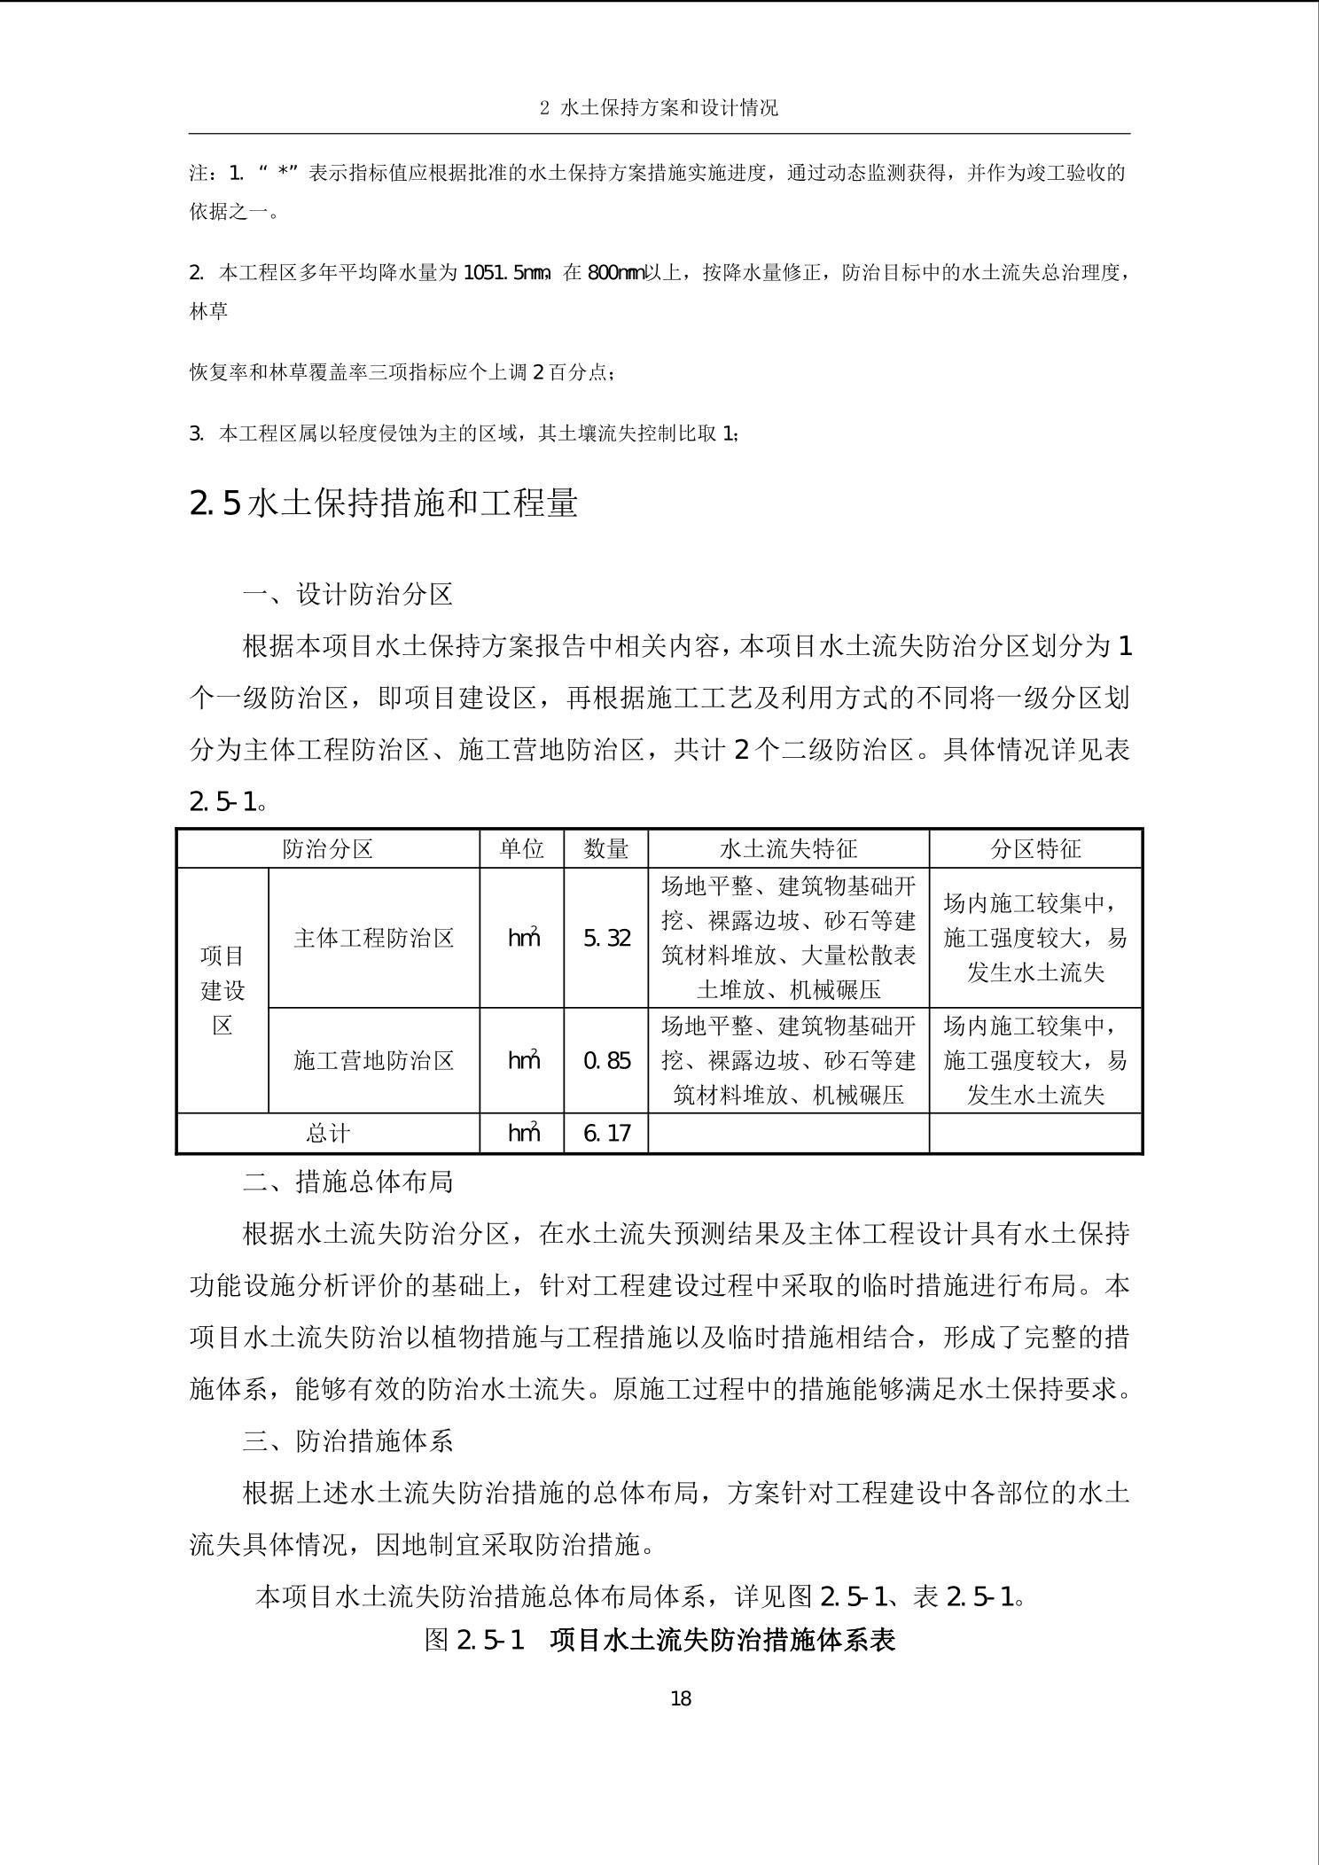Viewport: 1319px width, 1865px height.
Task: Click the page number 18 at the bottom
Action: pyautogui.click(x=681, y=1697)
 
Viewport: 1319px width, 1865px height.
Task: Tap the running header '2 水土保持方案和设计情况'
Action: pyautogui.click(x=659, y=108)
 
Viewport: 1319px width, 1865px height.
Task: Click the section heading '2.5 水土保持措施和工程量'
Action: pyautogui.click(x=384, y=503)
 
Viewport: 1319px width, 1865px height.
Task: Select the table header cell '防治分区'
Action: pyautogui.click(x=328, y=848)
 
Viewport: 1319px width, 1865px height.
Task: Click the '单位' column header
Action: pyautogui.click(x=521, y=848)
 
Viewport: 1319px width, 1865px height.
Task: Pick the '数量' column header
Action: pyautogui.click(x=606, y=848)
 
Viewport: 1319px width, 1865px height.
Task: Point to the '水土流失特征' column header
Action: pyautogui.click(x=788, y=848)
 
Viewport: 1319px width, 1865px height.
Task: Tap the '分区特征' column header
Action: pyautogui.click(x=1034, y=848)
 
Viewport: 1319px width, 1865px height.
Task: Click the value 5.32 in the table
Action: pyautogui.click(x=607, y=938)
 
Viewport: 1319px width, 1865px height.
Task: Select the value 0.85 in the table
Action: pyautogui.click(x=607, y=1060)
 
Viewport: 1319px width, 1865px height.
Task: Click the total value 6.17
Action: pyautogui.click(x=607, y=1133)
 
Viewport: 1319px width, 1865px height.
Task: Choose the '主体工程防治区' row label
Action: pyautogui.click(x=374, y=938)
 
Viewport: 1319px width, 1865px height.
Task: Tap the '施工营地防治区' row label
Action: pyautogui.click(x=374, y=1060)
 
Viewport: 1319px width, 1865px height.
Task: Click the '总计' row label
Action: pyautogui.click(x=328, y=1133)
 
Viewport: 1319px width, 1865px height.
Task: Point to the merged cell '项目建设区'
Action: pyautogui.click(x=222, y=990)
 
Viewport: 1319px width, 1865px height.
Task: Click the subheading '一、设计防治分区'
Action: pyautogui.click(x=347, y=594)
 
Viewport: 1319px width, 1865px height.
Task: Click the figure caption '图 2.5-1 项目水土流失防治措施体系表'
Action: pyautogui.click(x=659, y=1639)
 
